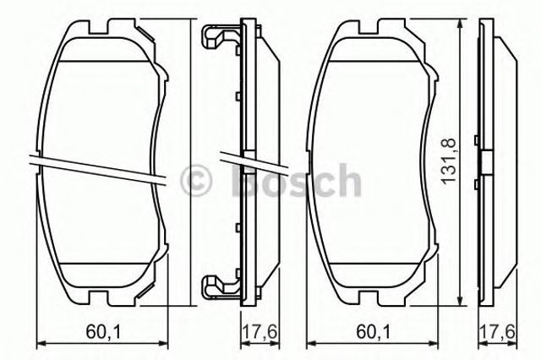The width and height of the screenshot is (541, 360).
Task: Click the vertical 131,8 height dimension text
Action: pos(451,161)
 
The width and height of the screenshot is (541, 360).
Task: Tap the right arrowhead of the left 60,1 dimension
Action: pos(156,343)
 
